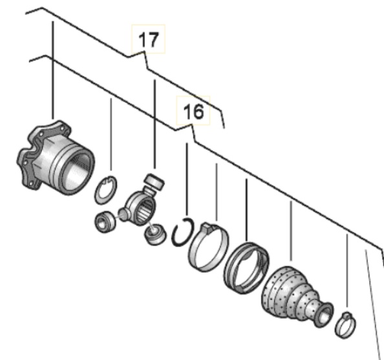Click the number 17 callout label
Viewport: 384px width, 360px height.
[x=149, y=39]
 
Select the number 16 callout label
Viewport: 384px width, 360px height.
[x=193, y=111]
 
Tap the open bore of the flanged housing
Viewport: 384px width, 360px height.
[x=78, y=172]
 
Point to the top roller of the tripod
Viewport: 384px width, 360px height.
[x=155, y=181]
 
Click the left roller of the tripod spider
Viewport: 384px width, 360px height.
[x=105, y=222]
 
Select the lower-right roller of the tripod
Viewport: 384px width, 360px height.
[x=155, y=235]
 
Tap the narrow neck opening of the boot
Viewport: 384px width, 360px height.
[x=325, y=315]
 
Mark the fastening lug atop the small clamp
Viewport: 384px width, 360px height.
[x=347, y=316]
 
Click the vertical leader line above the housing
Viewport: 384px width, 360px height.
[x=53, y=70]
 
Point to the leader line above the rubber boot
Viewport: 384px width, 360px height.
[x=291, y=231]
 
